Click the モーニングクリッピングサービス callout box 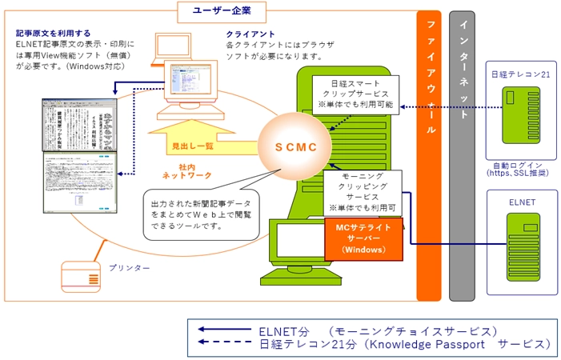pyautogui.click(x=362, y=190)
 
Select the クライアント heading pyautogui.click(x=250, y=34)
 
